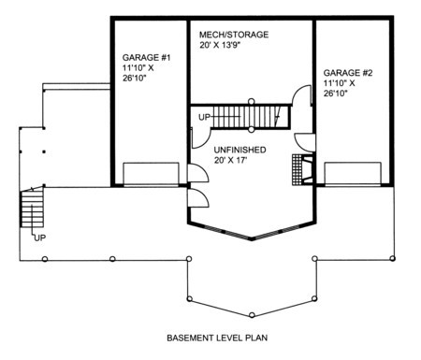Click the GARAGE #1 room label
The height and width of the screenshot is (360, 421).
pos(146,58)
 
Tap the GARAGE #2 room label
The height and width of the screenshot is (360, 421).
pos(348,73)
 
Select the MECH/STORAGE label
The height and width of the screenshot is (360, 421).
pos(234,35)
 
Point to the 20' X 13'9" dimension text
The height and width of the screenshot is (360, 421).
pos(221,45)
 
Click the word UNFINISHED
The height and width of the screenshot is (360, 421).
pos(240,150)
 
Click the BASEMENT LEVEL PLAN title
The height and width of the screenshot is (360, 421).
pos(217,338)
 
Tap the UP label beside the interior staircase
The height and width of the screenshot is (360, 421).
pos(204,118)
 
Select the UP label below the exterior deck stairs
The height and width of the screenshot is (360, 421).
pos(40,238)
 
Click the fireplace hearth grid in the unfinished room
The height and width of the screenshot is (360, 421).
pos(298,169)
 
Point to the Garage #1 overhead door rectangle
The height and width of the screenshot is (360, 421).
pos(151,174)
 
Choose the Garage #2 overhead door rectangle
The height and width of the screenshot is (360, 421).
pos(353,174)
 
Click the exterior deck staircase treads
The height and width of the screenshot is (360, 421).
pos(32,209)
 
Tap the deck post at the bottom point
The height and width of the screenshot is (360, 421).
pos(252,315)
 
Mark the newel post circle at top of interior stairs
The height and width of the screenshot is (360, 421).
pos(251,101)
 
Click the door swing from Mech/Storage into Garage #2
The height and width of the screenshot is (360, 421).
pos(301,94)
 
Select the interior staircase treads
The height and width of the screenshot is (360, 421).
pos(246,117)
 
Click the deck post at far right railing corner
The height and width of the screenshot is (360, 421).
pos(393,258)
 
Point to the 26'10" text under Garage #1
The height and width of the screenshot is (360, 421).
pos(134,78)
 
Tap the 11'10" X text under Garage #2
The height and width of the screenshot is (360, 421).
pos(339,83)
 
